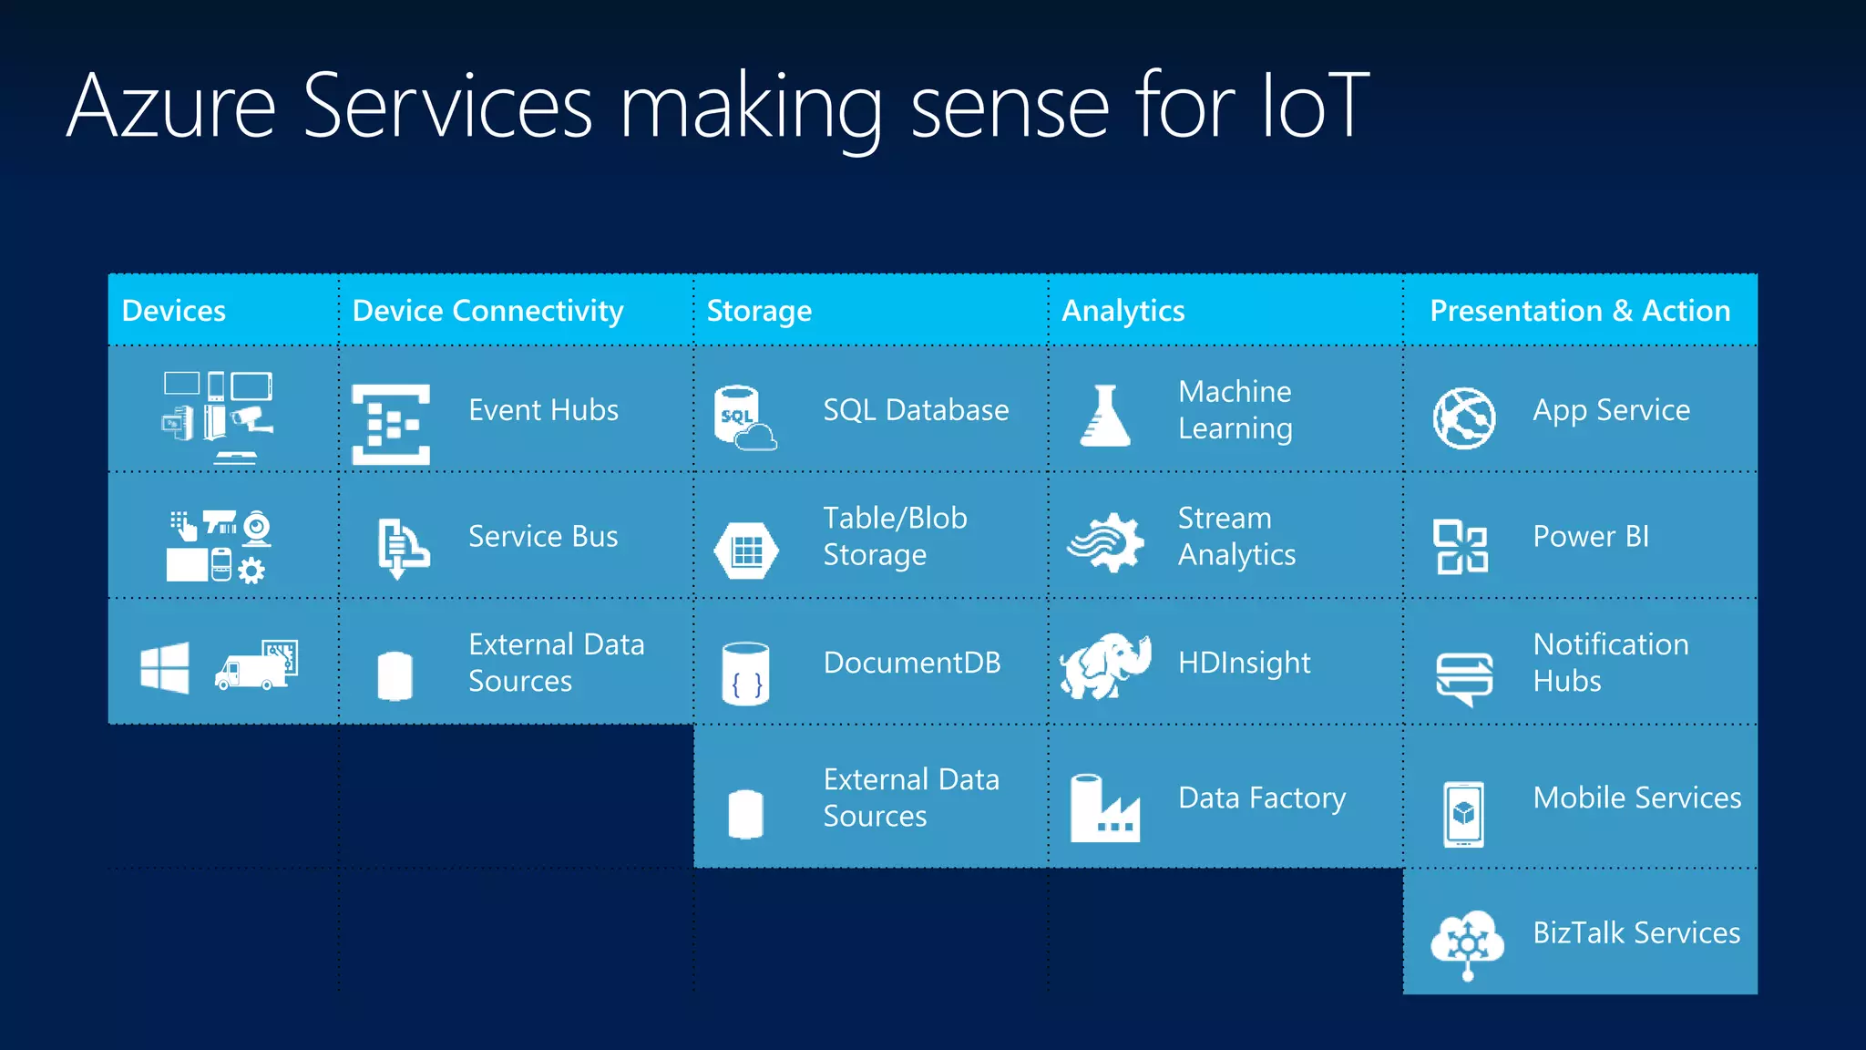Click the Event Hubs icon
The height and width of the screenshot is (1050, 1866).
click(x=391, y=424)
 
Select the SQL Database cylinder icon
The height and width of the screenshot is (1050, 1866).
click(x=743, y=417)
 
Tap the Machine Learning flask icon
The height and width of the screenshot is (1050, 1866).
click(x=1104, y=416)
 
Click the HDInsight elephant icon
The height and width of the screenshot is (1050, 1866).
click(x=1105, y=665)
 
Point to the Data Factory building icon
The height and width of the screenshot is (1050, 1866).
click(x=1104, y=808)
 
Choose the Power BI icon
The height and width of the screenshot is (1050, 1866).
click(x=1461, y=546)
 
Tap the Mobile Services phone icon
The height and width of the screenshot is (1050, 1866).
click(x=1463, y=814)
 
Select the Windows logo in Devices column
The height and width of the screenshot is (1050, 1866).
click(x=165, y=668)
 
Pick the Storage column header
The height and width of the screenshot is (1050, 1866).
click(x=759, y=311)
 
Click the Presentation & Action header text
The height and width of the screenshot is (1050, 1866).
click(x=1579, y=311)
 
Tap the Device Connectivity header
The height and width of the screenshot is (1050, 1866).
click(x=487, y=311)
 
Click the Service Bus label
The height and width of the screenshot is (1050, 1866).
click(x=543, y=537)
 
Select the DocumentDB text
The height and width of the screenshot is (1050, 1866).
click(x=912, y=663)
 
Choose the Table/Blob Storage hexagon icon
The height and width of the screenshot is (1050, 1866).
click(x=746, y=551)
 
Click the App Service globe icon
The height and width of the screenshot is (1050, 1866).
click(x=1463, y=418)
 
